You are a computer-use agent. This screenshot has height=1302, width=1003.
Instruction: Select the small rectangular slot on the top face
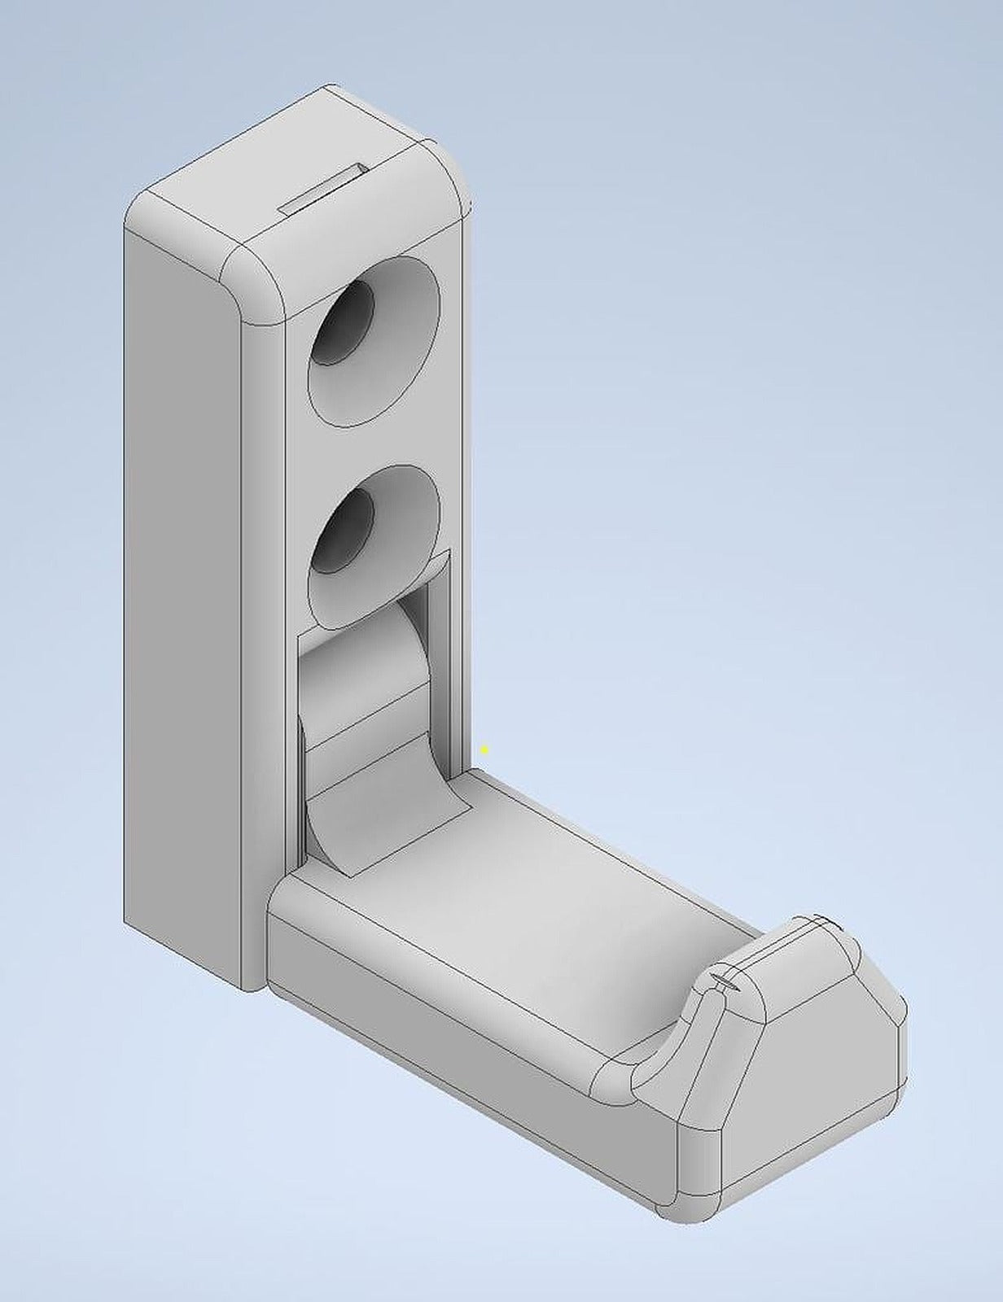pos(323,189)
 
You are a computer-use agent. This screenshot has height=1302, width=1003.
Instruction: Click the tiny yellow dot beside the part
pos(485,749)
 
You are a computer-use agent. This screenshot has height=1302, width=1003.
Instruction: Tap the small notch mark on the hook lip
pos(727,980)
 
